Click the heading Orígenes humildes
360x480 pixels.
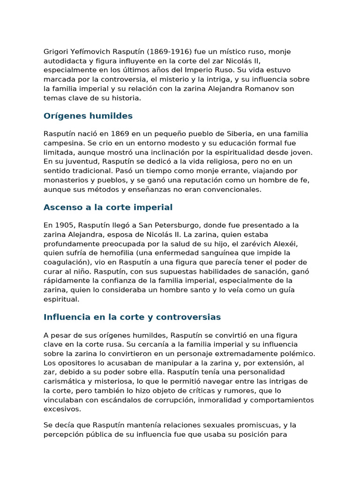pyautogui.click(x=88, y=116)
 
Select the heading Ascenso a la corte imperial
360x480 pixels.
pyautogui.click(x=108, y=207)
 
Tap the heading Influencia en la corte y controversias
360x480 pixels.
pyautogui.click(x=132, y=317)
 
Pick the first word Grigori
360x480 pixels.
pyautogui.click(x=56, y=52)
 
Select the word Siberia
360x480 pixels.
pyautogui.click(x=239, y=134)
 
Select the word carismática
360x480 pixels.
pyautogui.click(x=63, y=381)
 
